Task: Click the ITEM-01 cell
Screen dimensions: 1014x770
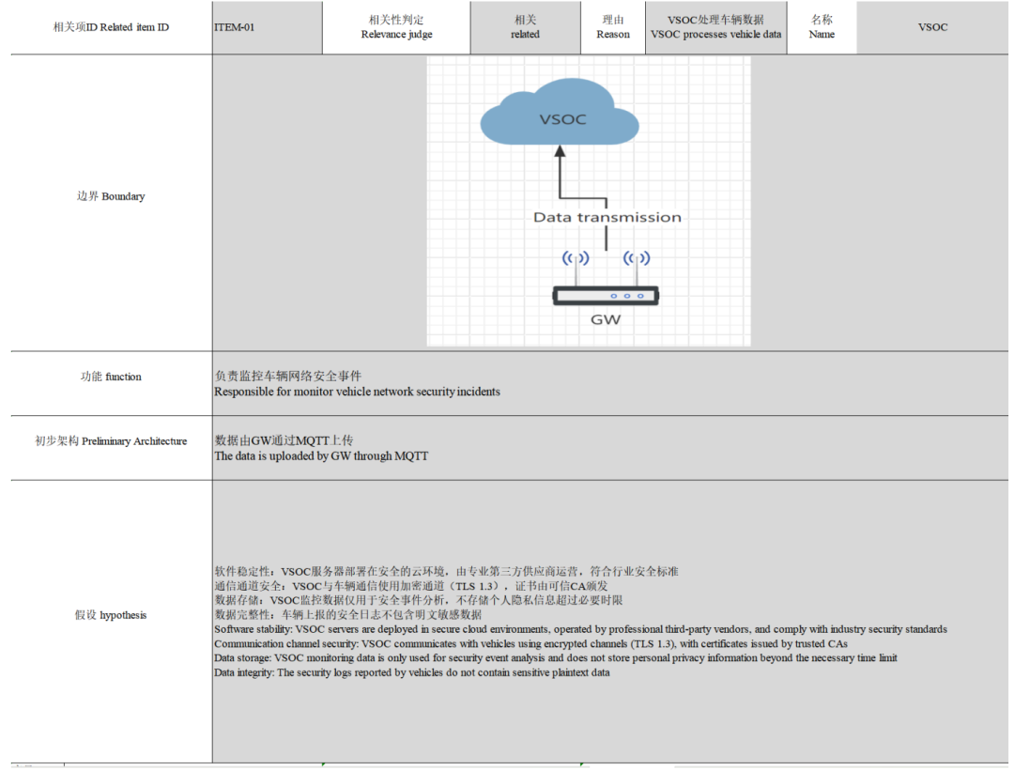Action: pyautogui.click(x=267, y=27)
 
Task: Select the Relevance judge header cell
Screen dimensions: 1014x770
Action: pyautogui.click(x=396, y=27)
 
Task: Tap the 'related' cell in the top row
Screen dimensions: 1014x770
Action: pyautogui.click(x=525, y=27)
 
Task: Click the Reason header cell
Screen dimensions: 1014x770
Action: pyautogui.click(x=612, y=27)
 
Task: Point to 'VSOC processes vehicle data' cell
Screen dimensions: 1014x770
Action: pyautogui.click(x=715, y=27)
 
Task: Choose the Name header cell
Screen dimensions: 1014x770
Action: pyautogui.click(x=822, y=27)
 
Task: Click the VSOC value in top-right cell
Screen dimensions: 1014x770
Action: pyautogui.click(x=932, y=27)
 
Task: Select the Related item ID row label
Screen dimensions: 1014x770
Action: pyautogui.click(x=111, y=27)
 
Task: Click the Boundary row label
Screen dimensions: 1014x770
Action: pyautogui.click(x=111, y=196)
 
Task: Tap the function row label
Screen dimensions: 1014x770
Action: pyautogui.click(x=111, y=377)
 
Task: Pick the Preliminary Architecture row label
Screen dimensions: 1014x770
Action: pyautogui.click(x=111, y=441)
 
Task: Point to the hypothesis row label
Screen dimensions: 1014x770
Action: pyautogui.click(x=111, y=615)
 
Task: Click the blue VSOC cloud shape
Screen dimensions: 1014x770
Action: pyautogui.click(x=560, y=112)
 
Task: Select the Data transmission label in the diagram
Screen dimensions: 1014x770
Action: pyautogui.click(x=607, y=217)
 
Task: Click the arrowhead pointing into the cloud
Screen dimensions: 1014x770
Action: pyautogui.click(x=560, y=150)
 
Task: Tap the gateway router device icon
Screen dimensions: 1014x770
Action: pyautogui.click(x=606, y=296)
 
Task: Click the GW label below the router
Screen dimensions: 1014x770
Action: pyautogui.click(x=606, y=319)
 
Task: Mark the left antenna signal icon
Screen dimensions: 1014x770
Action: pyautogui.click(x=576, y=258)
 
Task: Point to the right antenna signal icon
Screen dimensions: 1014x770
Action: pyautogui.click(x=637, y=258)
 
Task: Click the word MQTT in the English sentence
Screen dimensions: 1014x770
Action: pyautogui.click(x=411, y=455)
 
